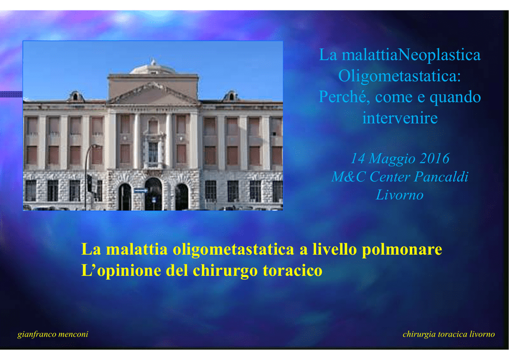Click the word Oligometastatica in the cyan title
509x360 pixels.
(399, 77)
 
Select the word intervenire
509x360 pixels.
(400, 118)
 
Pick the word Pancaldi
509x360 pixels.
(441, 177)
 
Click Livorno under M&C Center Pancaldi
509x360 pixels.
(400, 195)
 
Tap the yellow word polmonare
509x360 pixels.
(402, 250)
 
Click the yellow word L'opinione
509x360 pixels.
(121, 271)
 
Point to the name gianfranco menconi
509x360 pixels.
(53, 334)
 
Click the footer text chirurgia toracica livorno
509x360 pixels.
(449, 334)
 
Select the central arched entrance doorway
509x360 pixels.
(153, 194)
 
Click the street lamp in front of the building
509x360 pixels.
(87, 176)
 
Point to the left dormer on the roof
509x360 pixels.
(76, 96)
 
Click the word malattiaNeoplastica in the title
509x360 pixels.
(411, 55)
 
